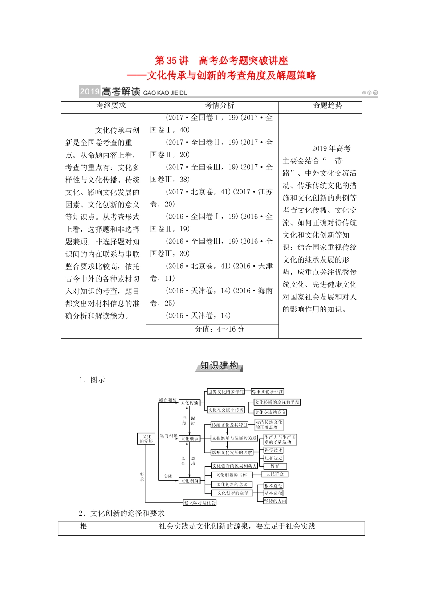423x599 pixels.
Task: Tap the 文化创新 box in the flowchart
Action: pyautogui.click(x=189, y=480)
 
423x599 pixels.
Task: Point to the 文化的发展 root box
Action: pyautogui.click(x=146, y=439)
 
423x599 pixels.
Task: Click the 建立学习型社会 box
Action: pyautogui.click(x=200, y=502)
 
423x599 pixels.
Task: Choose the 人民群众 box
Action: pyautogui.click(x=275, y=474)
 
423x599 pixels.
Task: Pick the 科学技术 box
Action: pyautogui.click(x=273, y=450)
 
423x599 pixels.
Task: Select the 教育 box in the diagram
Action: pyautogui.click(x=275, y=466)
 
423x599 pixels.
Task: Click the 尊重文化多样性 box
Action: pyautogui.click(x=267, y=391)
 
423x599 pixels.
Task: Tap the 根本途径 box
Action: pyautogui.click(x=273, y=485)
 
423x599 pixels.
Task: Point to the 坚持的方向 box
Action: pyautogui.click(x=275, y=501)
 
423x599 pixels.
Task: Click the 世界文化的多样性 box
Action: pyautogui.click(x=226, y=391)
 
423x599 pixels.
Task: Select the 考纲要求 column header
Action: pyautogui.click(x=111, y=106)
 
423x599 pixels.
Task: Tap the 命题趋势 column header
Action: pyautogui.click(x=327, y=106)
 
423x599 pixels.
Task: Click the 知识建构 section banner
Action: pyautogui.click(x=219, y=366)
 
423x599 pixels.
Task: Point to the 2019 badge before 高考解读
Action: pyautogui.click(x=89, y=92)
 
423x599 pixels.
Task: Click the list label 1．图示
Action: pyautogui.click(x=92, y=380)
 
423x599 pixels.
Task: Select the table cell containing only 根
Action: pyautogui.click(x=84, y=526)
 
